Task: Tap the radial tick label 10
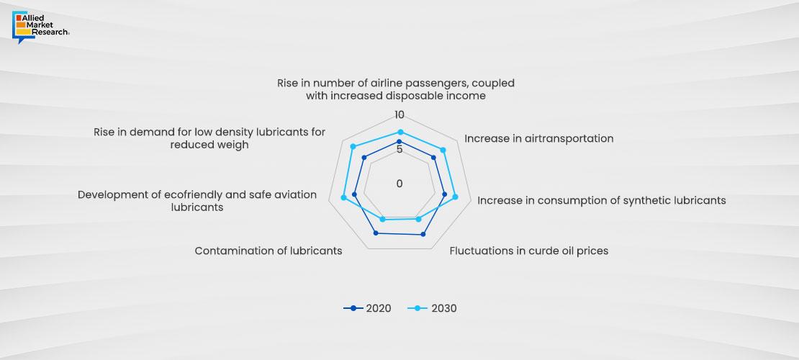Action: point(400,116)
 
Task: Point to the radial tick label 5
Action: point(399,149)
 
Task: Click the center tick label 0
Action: point(399,184)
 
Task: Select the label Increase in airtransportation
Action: point(538,138)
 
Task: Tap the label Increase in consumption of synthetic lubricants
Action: point(601,200)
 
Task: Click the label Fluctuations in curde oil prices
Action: point(528,251)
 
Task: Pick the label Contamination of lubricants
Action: point(268,251)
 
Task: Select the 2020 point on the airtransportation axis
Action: point(433,157)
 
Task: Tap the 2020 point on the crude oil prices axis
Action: point(423,234)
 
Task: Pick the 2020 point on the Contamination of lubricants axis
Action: point(376,233)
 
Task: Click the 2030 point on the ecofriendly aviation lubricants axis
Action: point(344,197)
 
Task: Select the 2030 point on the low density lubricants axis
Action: point(353,147)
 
